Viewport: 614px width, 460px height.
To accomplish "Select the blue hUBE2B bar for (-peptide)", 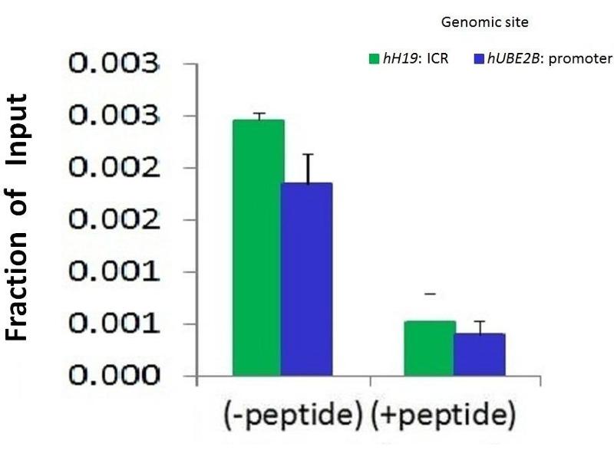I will (x=306, y=279).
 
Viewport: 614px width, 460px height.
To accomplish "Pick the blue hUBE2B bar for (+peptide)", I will (x=479, y=354).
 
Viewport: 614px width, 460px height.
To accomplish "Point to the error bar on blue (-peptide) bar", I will (x=308, y=169).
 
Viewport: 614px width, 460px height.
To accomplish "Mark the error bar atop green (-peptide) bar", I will (x=259, y=116).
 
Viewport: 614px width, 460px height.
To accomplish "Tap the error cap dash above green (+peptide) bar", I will (x=430, y=294).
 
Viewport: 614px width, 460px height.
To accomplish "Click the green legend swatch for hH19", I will (x=375, y=58).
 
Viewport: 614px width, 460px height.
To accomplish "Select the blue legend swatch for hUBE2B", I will (x=480, y=58).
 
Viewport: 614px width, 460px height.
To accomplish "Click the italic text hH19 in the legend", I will (x=399, y=58).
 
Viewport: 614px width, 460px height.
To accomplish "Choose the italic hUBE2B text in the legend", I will (x=511, y=58).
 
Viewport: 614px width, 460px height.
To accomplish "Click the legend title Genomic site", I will (x=484, y=22).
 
